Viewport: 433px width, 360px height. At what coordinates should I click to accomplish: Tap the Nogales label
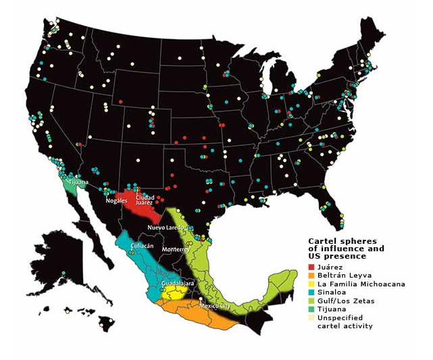116,201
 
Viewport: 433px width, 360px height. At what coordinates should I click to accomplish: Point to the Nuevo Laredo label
165,228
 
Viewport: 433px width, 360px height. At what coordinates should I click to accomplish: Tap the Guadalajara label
178,283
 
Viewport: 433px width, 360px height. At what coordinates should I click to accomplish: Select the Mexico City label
215,306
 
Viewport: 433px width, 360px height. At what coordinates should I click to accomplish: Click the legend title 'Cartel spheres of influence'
346,249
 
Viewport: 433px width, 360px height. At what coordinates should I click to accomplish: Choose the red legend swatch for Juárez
311,267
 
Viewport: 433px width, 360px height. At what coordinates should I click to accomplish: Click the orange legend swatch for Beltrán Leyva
311,276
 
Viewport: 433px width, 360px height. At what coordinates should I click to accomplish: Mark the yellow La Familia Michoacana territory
174,294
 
